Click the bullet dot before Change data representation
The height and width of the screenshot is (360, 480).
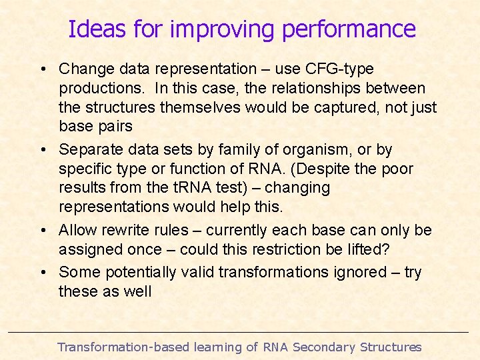pos(42,69)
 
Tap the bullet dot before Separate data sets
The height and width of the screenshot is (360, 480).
pos(42,150)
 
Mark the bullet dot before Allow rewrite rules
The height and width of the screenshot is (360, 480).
pos(42,231)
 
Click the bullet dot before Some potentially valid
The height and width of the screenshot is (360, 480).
pos(42,273)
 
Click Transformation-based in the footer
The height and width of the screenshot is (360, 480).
pos(123,347)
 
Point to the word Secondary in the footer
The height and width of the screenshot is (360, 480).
pos(324,347)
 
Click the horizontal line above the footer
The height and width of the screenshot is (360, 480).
pos(240,332)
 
